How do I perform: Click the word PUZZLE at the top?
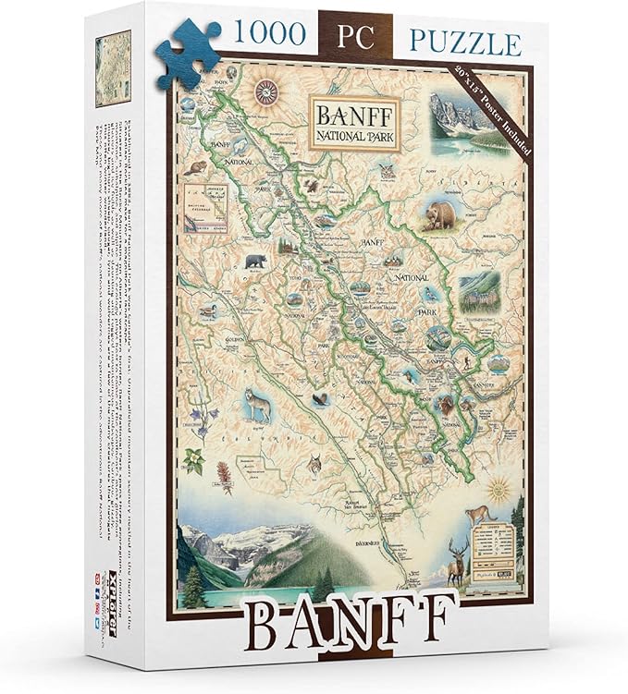[x=459, y=41]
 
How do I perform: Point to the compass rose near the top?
[x=268, y=90]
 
